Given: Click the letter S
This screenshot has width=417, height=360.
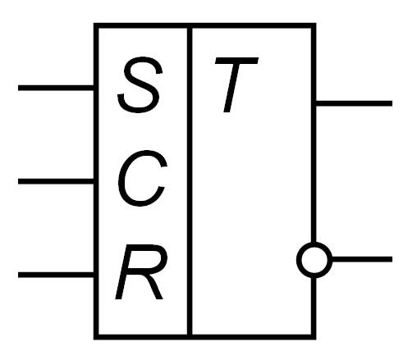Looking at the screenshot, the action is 138,84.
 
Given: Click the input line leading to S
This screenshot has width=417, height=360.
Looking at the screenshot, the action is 56,88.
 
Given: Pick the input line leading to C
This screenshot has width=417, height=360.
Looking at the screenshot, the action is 56,181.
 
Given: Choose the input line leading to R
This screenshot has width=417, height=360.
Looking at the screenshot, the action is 56,275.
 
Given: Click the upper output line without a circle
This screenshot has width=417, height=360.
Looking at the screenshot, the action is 354,103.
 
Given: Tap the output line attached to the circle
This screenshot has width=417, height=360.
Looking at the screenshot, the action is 362,259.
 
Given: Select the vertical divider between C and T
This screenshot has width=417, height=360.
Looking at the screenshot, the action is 190,181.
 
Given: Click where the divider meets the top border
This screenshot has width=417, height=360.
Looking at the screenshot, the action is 190,25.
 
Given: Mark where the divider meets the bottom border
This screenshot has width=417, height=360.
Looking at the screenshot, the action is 190,337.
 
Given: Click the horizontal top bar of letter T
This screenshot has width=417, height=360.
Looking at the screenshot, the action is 236,61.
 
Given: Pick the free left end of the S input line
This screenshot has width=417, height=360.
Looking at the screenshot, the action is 18,88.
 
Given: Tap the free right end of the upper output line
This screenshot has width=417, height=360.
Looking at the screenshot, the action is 392,103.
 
